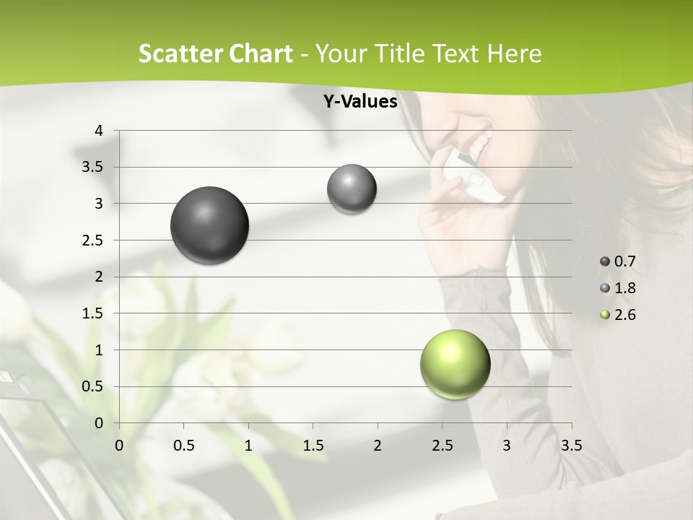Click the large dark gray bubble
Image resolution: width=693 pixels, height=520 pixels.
click(x=209, y=225)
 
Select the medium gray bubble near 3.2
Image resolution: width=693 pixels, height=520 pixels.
click(x=352, y=189)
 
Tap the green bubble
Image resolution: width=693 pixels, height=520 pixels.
click(x=455, y=364)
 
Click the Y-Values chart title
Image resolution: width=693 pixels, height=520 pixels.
click(x=360, y=102)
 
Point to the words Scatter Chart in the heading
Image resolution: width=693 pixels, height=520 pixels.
click(x=215, y=53)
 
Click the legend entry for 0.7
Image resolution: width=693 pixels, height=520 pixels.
click(x=619, y=261)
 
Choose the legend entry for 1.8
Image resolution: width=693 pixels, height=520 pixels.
click(x=619, y=288)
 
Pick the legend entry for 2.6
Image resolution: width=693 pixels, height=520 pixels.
click(x=619, y=315)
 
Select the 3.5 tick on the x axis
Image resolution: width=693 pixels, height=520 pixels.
click(x=571, y=446)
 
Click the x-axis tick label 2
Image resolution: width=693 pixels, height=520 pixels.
click(x=378, y=446)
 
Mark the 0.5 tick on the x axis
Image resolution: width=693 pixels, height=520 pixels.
click(x=183, y=446)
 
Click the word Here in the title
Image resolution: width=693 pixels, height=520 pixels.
click(x=514, y=53)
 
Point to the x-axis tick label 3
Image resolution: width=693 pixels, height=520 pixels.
click(x=507, y=446)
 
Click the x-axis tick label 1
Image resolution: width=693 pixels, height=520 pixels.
click(x=248, y=446)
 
